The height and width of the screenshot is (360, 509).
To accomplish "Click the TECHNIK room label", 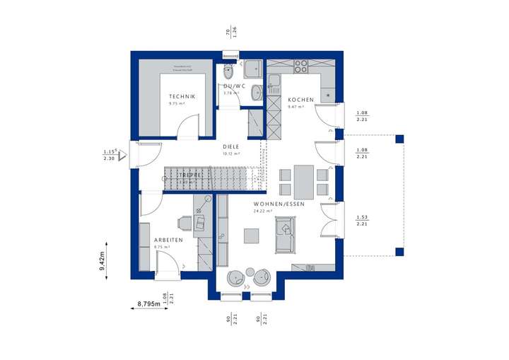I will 182,96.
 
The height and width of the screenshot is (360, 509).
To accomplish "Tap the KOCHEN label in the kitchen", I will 300,100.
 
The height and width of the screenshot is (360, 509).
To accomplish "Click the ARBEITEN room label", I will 169,240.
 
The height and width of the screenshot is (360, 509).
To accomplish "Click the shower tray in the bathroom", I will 252,69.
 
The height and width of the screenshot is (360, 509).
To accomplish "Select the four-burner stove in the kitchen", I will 301,66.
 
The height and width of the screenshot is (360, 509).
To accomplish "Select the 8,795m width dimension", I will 146,304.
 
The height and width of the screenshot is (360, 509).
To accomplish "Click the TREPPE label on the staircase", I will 192,174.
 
